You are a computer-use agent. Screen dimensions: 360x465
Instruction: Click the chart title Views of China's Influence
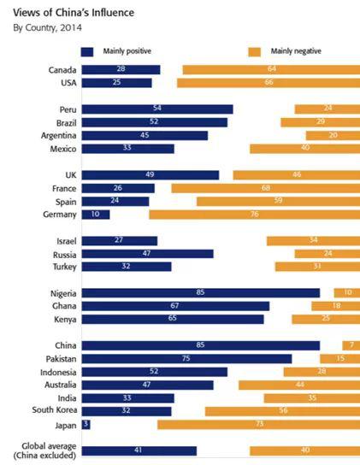pyautogui.click(x=74, y=13)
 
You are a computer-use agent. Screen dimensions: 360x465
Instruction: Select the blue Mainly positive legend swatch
pyautogui.click(x=87, y=52)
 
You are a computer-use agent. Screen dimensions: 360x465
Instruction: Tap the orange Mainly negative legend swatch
pyautogui.click(x=254, y=52)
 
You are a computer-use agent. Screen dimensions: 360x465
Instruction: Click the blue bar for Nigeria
pyautogui.click(x=201, y=293)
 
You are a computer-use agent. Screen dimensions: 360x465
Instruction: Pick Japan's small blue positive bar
pyautogui.click(x=86, y=425)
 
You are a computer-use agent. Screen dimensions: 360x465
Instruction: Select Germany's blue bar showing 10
pyautogui.click(x=96, y=215)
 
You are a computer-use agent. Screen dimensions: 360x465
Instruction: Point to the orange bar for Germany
pyautogui.click(x=254, y=215)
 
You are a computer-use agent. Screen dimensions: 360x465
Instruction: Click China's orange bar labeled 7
pyautogui.click(x=351, y=345)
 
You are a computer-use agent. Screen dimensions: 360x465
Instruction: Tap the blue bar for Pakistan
pyautogui.click(x=186, y=359)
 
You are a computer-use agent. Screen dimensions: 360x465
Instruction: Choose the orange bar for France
pyautogui.click(x=266, y=188)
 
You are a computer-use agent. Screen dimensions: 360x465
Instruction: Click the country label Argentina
pyautogui.click(x=59, y=136)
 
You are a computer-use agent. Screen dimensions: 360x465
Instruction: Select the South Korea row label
pyautogui.click(x=55, y=409)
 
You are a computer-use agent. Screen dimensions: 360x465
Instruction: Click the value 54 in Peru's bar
pyautogui.click(x=157, y=108)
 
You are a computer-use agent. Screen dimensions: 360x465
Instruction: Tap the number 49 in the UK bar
pyautogui.click(x=150, y=174)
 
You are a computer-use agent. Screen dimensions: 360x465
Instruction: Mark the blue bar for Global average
pyautogui.click(x=139, y=450)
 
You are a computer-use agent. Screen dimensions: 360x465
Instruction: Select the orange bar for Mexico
pyautogui.click(x=304, y=149)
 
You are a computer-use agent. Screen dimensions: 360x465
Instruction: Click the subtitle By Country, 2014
pyautogui.click(x=48, y=28)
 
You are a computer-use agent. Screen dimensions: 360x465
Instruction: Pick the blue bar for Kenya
pyautogui.click(x=173, y=319)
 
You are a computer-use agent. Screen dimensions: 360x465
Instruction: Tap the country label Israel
pyautogui.click(x=67, y=241)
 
